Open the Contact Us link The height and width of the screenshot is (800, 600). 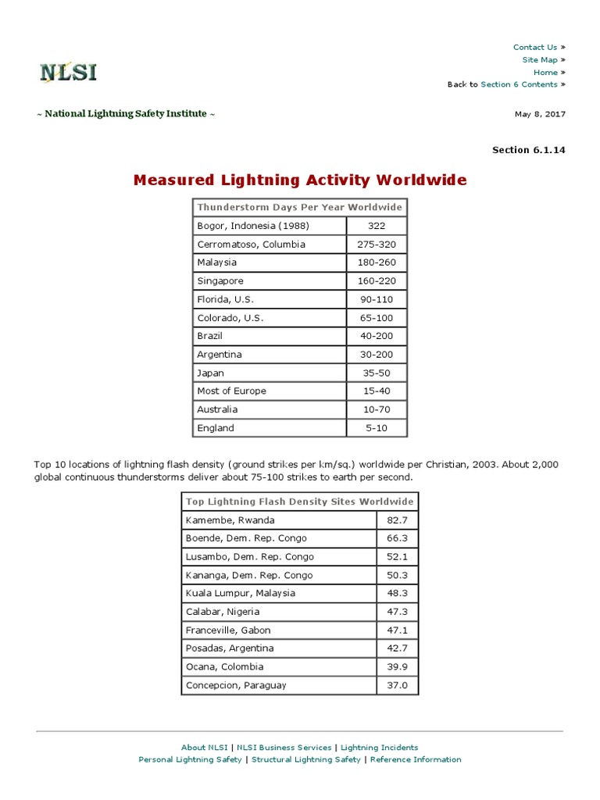(535, 47)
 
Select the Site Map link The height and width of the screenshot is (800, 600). (540, 59)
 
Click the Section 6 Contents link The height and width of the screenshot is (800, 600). (519, 84)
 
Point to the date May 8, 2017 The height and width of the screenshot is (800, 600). (540, 114)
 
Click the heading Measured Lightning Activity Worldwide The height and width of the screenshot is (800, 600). (300, 180)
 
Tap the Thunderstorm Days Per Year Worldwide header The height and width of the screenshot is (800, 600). (300, 208)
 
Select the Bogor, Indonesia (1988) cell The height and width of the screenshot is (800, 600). (253, 226)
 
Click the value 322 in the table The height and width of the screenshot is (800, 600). (377, 226)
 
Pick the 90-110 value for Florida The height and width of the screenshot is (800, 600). (377, 299)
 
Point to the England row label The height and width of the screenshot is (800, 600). (216, 428)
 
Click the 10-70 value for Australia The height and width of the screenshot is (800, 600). (377, 409)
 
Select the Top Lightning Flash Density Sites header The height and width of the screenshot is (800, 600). (300, 502)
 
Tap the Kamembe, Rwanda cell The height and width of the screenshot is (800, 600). (230, 520)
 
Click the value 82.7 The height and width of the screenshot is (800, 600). (398, 520)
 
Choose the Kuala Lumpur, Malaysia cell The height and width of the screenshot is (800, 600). (241, 593)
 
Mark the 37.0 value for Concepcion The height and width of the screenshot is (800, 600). (398, 685)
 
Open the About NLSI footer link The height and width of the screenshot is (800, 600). (204, 748)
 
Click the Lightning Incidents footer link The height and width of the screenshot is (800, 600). (379, 748)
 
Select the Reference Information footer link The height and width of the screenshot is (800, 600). (416, 759)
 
